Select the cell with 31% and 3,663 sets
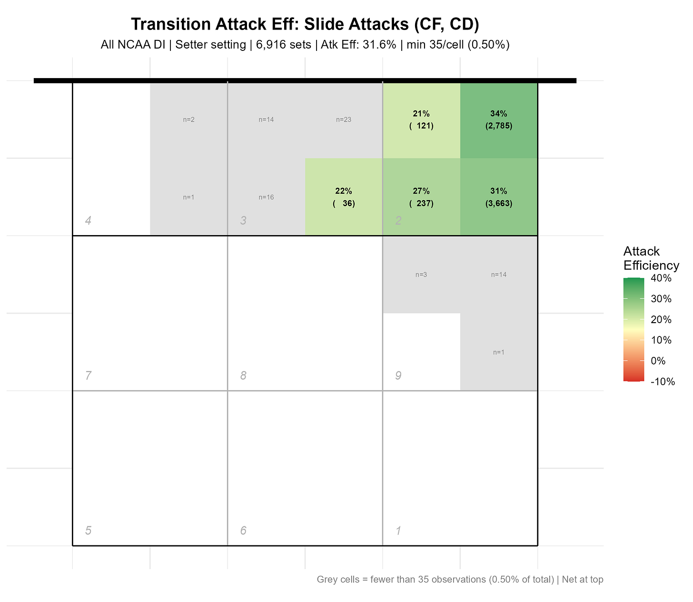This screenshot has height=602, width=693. point(498,197)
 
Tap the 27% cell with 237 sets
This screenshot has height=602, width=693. point(421,197)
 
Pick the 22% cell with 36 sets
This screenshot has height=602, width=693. point(344,197)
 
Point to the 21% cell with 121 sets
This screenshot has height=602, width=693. point(421,120)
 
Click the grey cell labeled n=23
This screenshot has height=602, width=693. point(344,120)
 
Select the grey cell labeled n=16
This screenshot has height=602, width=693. point(266,197)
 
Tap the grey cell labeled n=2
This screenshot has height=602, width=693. point(188,120)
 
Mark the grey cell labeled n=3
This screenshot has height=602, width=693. point(421,275)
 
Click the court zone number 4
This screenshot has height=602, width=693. point(88,220)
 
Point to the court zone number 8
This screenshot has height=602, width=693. point(243,375)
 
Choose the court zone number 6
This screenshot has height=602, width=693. point(243,531)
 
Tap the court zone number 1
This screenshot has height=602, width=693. point(398,531)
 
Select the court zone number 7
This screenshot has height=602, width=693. point(88,375)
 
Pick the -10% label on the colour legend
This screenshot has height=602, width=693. point(663,381)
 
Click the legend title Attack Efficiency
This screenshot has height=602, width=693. point(651,258)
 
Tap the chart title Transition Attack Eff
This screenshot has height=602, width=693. point(305,25)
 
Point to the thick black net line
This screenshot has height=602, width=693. point(305,81)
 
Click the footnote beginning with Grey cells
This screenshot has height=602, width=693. point(460,580)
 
